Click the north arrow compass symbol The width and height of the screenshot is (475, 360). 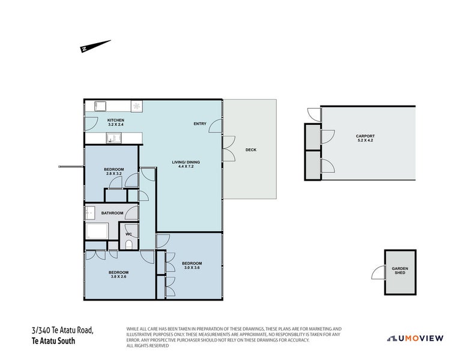click(x=95, y=46)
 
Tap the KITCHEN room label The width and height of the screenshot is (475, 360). click(x=116, y=121)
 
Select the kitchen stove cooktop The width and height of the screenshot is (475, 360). click(x=137, y=106)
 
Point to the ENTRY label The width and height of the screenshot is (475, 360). click(x=200, y=124)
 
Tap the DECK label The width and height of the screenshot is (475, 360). click(x=251, y=150)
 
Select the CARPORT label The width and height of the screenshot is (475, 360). click(x=365, y=136)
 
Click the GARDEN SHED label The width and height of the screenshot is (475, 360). click(x=399, y=271)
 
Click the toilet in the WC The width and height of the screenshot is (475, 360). click(x=129, y=243)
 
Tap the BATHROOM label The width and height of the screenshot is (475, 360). click(x=112, y=213)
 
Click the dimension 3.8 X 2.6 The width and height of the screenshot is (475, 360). click(x=118, y=277)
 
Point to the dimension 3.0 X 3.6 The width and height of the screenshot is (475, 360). click(x=192, y=268)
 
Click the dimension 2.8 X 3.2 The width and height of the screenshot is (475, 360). click(x=114, y=174)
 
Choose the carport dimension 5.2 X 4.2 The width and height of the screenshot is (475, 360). click(x=365, y=140)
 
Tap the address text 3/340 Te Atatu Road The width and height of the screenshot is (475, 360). click(x=63, y=330)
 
